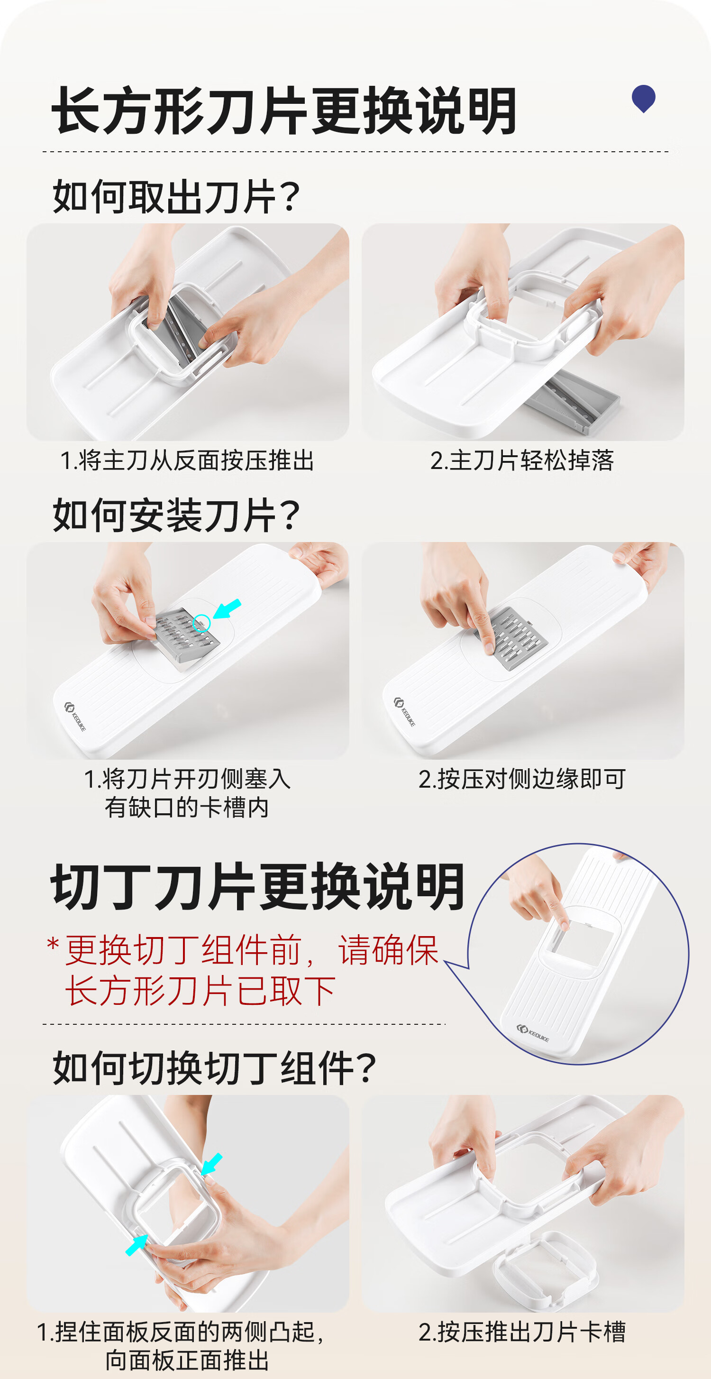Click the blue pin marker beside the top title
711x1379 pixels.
click(644, 99)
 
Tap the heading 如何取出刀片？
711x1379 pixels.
click(176, 196)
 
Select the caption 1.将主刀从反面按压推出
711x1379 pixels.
click(187, 460)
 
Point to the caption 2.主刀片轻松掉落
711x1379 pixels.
click(522, 460)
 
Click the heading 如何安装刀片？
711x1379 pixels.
click(176, 515)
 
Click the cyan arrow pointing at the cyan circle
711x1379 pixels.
click(228, 609)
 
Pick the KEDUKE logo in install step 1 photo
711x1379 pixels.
click(75, 716)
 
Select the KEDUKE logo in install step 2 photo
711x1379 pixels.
click(404, 711)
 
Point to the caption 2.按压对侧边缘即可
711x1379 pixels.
click(522, 779)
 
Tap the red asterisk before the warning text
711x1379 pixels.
click(53, 944)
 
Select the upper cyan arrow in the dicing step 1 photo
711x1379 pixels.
click(211, 1164)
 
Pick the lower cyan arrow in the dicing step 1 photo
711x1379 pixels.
click(137, 1245)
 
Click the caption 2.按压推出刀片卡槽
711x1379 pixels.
click(522, 1332)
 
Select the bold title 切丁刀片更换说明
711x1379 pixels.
click(258, 887)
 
